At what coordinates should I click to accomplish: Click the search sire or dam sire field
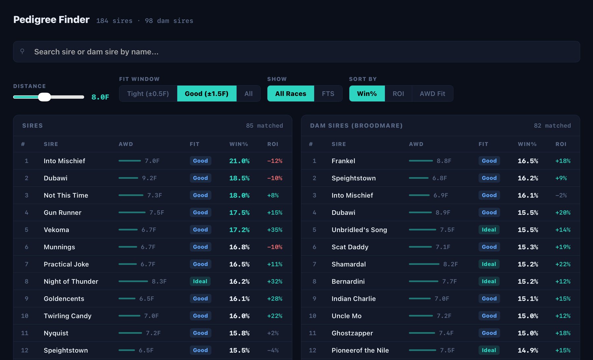click(x=296, y=52)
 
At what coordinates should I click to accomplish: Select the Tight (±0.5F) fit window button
click(x=148, y=94)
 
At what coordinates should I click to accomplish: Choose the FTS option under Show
click(x=328, y=94)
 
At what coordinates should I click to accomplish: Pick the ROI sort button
click(x=398, y=94)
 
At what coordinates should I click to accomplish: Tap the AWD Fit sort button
click(x=433, y=94)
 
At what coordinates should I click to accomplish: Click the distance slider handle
click(x=44, y=97)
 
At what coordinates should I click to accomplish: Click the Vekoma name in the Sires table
click(x=56, y=230)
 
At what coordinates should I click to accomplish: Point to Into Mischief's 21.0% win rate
click(x=240, y=161)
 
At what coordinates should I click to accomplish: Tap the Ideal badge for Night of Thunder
click(x=200, y=281)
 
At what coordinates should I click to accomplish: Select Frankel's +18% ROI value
click(x=563, y=161)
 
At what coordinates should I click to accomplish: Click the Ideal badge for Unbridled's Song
click(x=489, y=230)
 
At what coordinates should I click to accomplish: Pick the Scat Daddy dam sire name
click(x=350, y=247)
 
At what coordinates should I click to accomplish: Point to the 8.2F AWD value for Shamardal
click(x=450, y=264)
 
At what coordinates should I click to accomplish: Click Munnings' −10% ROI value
click(x=275, y=247)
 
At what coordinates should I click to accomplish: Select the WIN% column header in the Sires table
click(x=239, y=144)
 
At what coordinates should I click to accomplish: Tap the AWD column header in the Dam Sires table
click(x=416, y=144)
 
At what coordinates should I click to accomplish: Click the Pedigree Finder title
click(x=51, y=20)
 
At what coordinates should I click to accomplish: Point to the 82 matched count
click(x=552, y=126)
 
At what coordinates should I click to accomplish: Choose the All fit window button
click(x=248, y=94)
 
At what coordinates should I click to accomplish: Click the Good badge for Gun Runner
click(x=200, y=212)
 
